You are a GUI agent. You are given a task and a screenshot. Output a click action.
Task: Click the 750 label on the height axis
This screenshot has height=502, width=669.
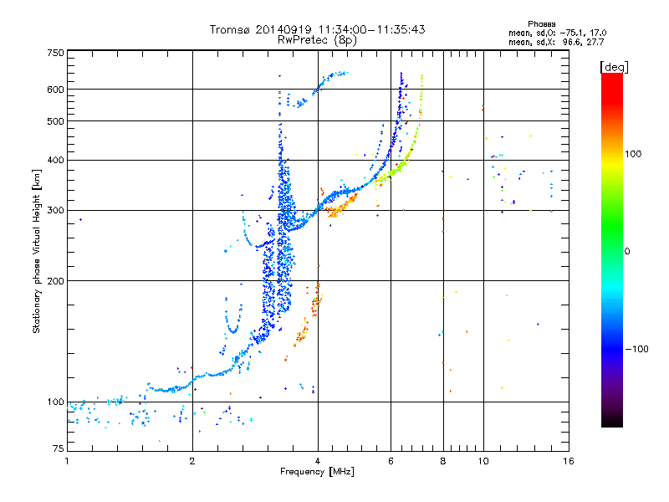pos(56,53)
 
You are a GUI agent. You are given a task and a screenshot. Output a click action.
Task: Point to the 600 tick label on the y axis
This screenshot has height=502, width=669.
pos(56,90)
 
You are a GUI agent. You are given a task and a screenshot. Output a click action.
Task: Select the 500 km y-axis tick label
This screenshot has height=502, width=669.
pos(56,121)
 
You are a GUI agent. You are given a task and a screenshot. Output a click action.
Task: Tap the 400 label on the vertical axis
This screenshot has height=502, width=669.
pos(56,160)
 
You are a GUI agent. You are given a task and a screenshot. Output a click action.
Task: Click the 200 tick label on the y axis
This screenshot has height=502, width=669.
pos(56,281)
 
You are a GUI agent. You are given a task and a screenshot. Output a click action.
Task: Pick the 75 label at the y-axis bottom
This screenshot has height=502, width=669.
pos(59,448)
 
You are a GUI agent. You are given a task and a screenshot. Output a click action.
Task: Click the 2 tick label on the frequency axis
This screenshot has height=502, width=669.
pos(192,461)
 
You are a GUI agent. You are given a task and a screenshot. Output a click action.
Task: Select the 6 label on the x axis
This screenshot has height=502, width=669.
pos(391,461)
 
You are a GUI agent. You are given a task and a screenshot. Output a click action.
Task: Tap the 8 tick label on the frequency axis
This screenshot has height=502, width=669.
pos(443,461)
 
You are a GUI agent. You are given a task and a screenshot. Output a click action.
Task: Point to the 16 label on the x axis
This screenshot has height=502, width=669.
pos(569,461)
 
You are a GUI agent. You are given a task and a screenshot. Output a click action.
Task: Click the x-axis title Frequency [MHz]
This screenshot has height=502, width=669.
pos(317,472)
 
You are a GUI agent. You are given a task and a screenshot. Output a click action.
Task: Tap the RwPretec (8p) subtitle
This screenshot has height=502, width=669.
pos(317,40)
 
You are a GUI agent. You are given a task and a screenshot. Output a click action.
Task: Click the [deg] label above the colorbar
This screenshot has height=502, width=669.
pos(614,68)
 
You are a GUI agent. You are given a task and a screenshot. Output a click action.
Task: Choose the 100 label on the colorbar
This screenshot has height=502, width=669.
pos(633,154)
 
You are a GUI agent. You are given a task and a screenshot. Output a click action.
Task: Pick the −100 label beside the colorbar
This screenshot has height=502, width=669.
pos(637,349)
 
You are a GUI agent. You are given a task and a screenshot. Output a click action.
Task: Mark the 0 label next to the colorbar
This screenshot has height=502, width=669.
pos(627,252)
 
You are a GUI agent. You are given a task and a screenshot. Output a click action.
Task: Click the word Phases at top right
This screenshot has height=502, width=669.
pos(541,24)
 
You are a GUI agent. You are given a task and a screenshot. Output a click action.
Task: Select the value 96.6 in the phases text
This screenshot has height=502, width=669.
pos(571,42)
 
